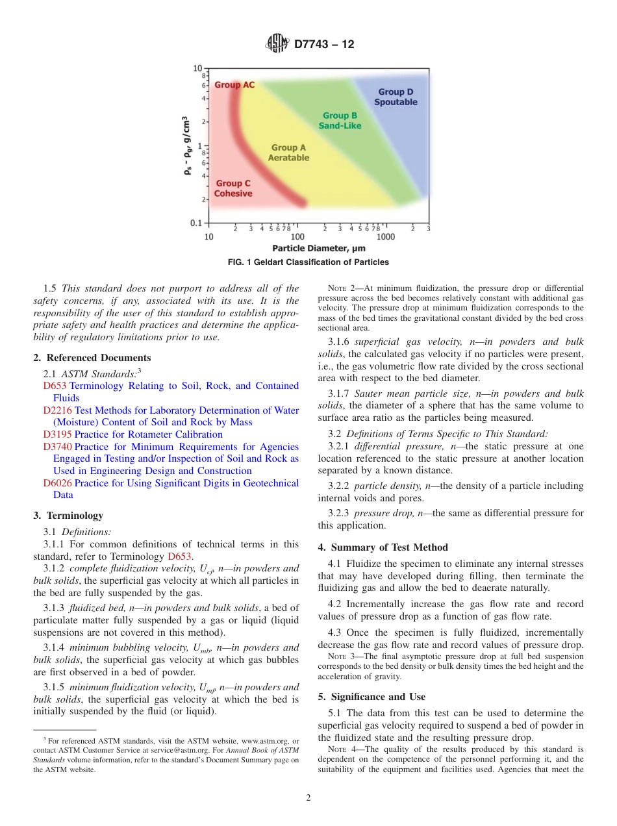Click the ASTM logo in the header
point(277,44)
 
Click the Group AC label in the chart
point(234,85)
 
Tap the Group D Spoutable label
point(396,97)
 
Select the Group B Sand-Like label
point(340,121)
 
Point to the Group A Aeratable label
point(288,153)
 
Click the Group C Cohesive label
point(233,189)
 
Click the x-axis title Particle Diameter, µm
point(318,248)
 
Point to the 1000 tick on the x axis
point(386,237)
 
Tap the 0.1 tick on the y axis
point(195,223)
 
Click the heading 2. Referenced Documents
point(92,358)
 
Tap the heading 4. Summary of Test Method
point(383,547)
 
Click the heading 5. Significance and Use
point(371,697)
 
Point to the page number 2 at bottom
point(308,798)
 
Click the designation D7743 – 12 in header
point(324,45)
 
